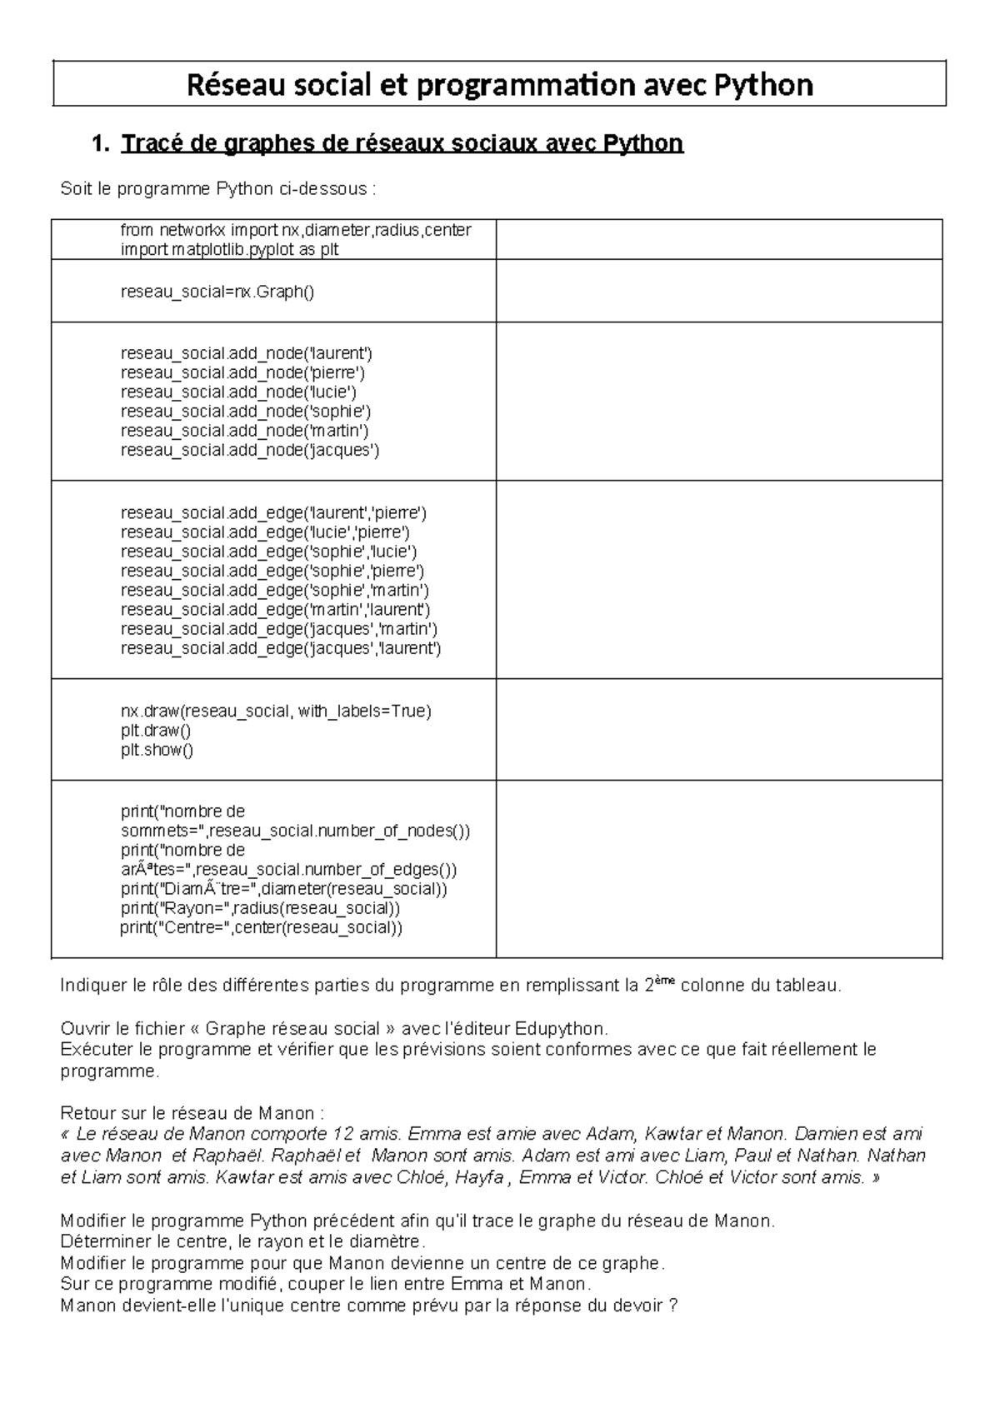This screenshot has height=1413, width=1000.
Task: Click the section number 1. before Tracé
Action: click(x=101, y=144)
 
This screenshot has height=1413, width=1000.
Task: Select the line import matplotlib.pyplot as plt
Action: click(x=229, y=249)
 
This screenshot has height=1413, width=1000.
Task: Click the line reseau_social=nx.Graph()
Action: click(x=217, y=292)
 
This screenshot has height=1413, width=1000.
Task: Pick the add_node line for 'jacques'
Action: click(x=249, y=450)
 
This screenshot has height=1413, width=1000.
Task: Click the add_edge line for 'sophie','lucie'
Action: click(x=268, y=552)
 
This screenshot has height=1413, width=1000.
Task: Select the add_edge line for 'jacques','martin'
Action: click(x=278, y=629)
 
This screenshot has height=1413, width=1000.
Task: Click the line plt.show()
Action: click(x=157, y=750)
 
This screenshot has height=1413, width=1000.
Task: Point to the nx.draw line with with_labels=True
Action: click(x=276, y=711)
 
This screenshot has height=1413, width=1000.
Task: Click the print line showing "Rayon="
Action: click(x=260, y=908)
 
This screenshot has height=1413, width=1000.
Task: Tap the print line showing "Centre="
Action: click(x=260, y=927)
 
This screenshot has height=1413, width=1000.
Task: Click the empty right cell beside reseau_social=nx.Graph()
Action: click(x=718, y=292)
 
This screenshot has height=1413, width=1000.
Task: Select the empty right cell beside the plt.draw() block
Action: click(x=718, y=730)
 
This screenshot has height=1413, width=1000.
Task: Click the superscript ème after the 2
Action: click(x=662, y=981)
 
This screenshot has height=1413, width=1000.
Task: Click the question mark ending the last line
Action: click(x=673, y=1306)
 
